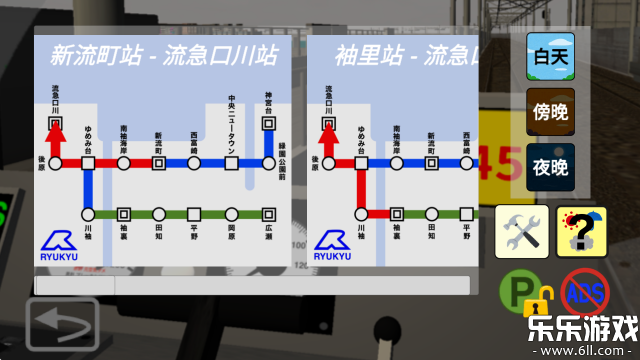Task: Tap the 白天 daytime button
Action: [x=551, y=56]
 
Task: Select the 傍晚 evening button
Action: [x=551, y=111]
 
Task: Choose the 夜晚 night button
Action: [x=551, y=166]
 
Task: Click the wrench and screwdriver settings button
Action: [x=522, y=231]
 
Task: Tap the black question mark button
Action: [x=581, y=231]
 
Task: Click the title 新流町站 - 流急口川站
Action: [x=164, y=54]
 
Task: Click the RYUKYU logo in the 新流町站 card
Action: [x=62, y=247]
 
